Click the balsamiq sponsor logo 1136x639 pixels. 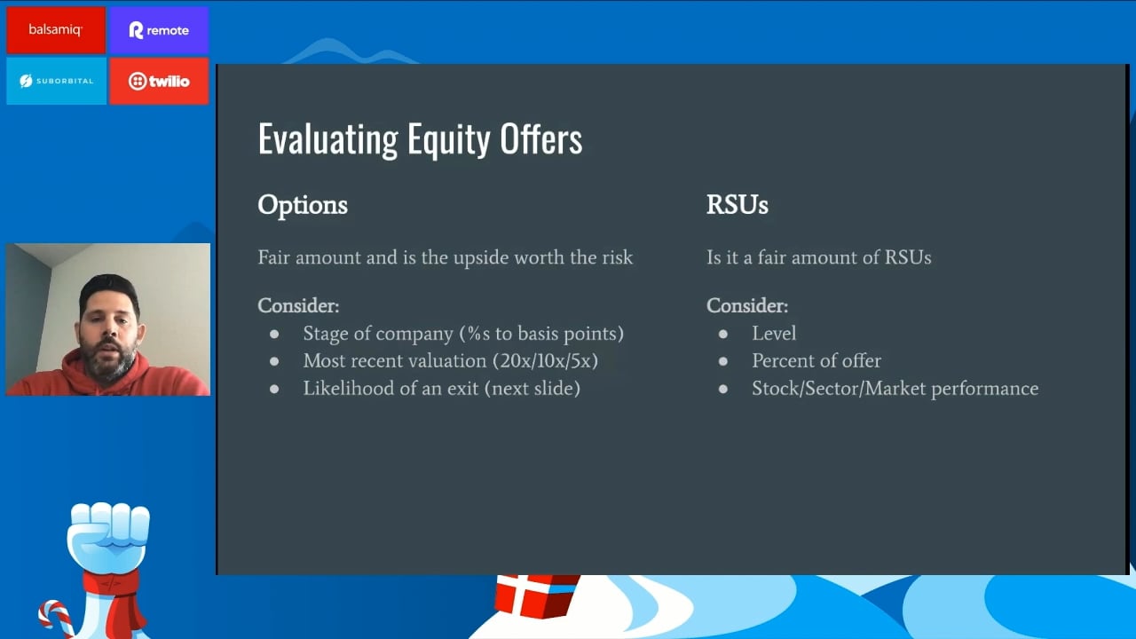(56, 30)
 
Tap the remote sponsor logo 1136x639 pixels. (159, 30)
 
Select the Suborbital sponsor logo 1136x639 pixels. (56, 81)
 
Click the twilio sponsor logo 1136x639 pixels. (159, 81)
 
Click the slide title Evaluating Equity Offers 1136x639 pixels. (420, 139)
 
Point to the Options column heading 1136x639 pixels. (303, 205)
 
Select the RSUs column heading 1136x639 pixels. (738, 205)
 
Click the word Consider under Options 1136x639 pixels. (298, 305)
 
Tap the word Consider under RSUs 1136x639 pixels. (747, 305)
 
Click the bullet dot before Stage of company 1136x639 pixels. (274, 334)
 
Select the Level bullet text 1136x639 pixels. (774, 333)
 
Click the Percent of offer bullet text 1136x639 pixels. (816, 360)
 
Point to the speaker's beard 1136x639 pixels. (109, 361)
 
